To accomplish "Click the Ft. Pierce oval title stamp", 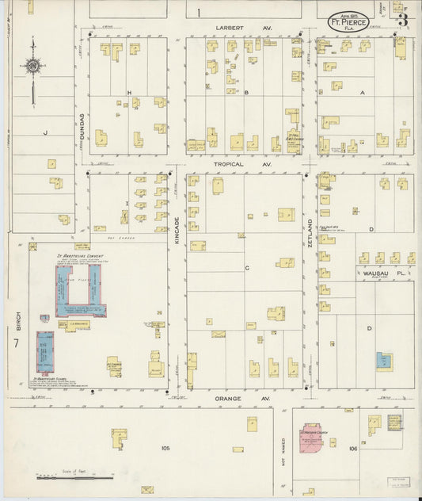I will (348, 21).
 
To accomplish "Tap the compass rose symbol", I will (32, 68).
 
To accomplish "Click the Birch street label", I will (17, 320).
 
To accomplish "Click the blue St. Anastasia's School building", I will (45, 352).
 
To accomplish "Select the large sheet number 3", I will (403, 20).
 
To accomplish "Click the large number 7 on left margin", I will (16, 344).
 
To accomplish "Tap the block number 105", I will (165, 449).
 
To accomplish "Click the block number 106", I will (352, 449).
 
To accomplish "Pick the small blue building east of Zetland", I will (383, 359).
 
